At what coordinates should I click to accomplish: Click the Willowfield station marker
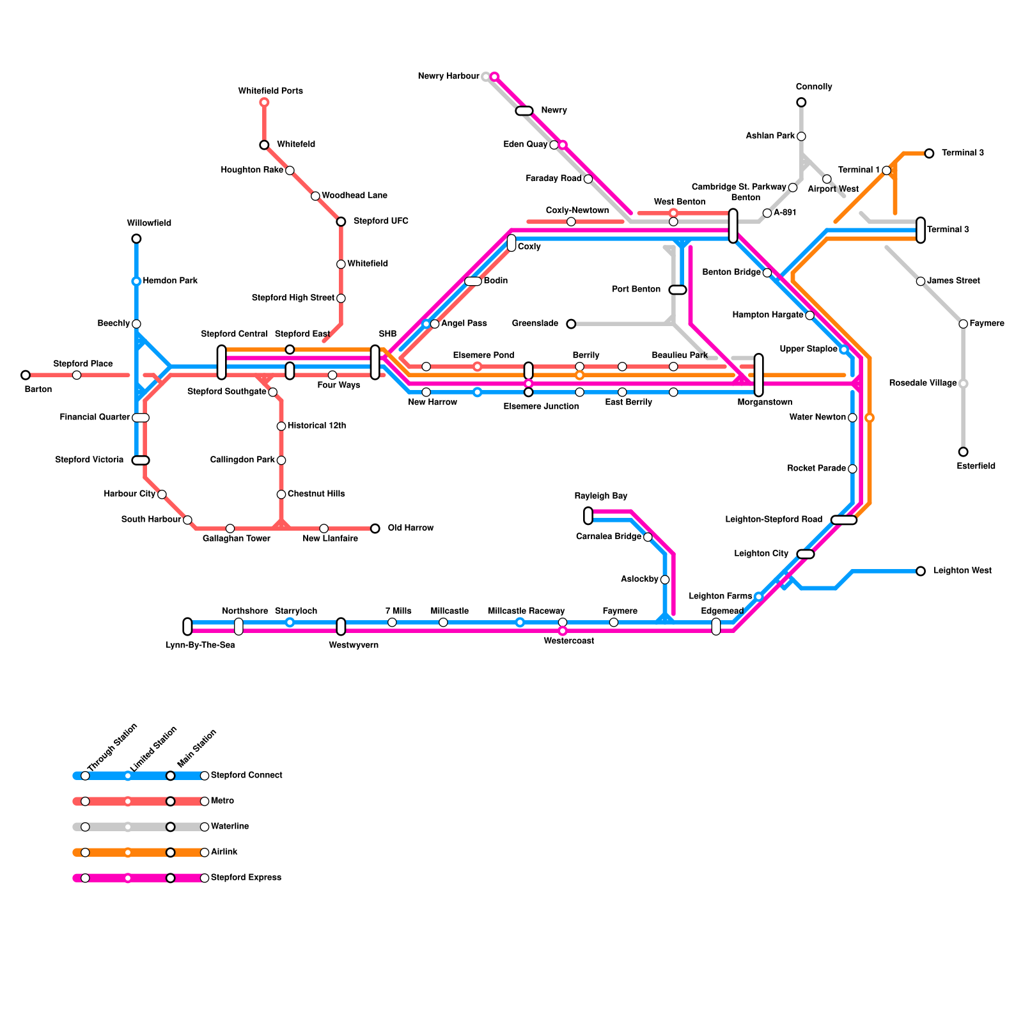click(136, 239)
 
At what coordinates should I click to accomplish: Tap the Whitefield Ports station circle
click(264, 102)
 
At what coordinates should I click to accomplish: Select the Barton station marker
click(26, 375)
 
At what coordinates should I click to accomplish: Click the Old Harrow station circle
click(375, 528)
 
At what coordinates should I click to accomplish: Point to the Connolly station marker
click(801, 102)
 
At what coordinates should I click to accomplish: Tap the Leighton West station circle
click(921, 571)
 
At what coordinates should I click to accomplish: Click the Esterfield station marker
click(964, 452)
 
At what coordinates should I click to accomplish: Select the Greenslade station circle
click(571, 324)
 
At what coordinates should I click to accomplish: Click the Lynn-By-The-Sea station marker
click(187, 627)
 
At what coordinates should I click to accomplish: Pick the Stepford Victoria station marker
click(141, 460)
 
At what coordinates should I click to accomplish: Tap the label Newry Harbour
click(448, 76)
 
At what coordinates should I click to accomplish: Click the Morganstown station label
click(765, 402)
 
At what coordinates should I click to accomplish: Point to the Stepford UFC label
click(380, 221)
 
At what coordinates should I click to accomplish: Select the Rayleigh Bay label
click(600, 496)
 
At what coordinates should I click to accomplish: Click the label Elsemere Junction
click(541, 406)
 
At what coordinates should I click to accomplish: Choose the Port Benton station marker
click(678, 290)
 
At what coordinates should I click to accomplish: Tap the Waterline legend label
click(230, 827)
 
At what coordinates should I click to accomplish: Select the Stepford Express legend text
click(246, 878)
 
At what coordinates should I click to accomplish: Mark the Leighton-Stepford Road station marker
click(844, 520)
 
